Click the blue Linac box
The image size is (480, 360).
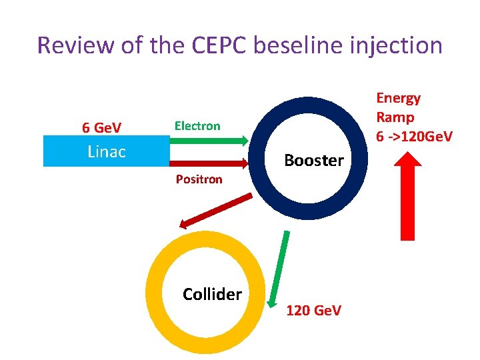pos(107,151)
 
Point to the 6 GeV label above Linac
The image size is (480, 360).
pos(101,127)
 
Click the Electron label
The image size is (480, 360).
pos(197,125)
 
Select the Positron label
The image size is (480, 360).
pos(199,179)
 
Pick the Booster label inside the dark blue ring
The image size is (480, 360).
pos(314,160)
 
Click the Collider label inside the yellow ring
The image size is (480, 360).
pos(212,294)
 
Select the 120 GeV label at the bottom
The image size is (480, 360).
pos(313,310)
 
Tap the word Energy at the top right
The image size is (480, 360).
pos(399,98)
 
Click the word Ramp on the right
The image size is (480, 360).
pos(395,117)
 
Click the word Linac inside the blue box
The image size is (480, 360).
pos(107,152)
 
